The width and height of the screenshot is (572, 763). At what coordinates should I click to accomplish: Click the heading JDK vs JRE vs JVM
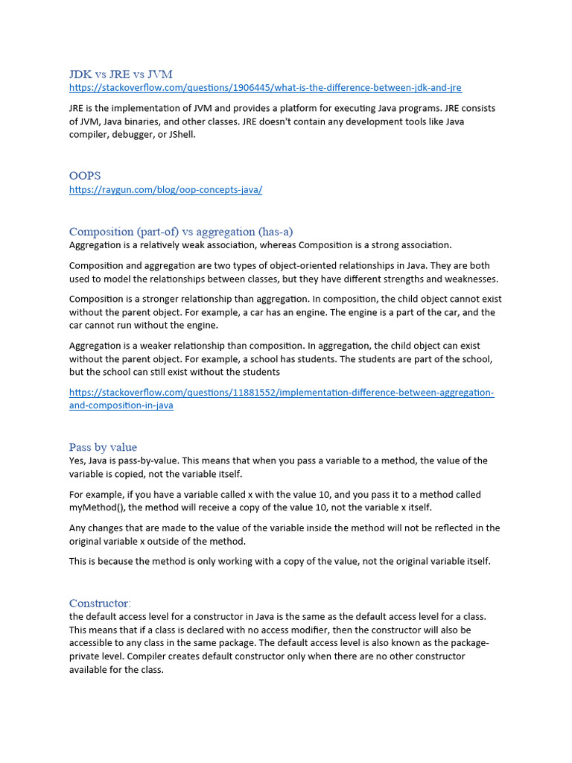click(121, 74)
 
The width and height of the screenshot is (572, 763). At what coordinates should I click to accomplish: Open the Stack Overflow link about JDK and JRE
click(265, 88)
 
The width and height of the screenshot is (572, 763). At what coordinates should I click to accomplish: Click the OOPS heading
click(85, 176)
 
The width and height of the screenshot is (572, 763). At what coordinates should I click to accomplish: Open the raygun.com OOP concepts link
click(165, 190)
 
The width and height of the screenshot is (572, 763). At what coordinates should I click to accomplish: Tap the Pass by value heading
click(103, 447)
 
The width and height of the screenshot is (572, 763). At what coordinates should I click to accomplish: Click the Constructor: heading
click(100, 603)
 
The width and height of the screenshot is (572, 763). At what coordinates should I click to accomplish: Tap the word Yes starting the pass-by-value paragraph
click(77, 460)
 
